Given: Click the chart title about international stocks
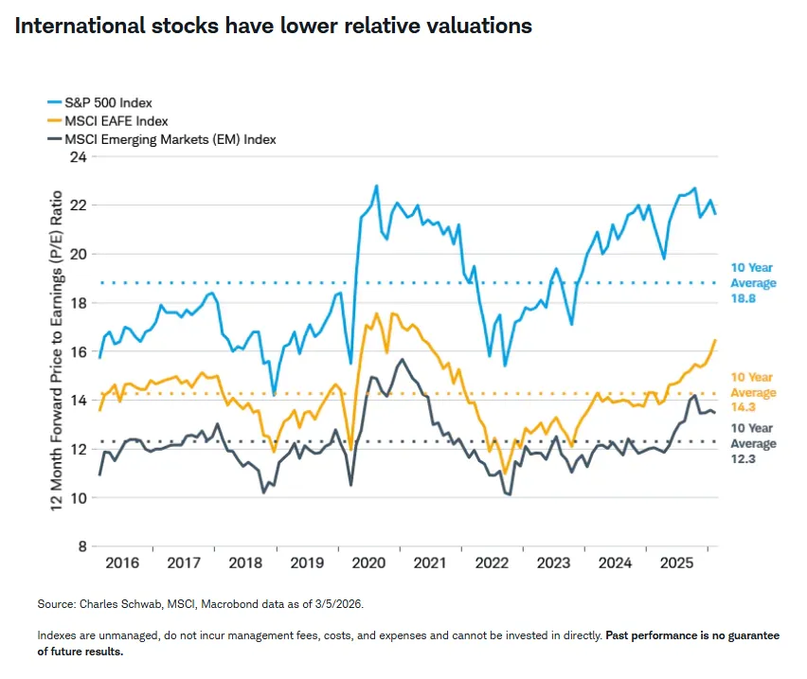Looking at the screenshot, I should tap(273, 26).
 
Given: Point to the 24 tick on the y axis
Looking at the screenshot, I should tap(78, 157).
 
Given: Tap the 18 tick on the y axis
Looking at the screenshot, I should tap(78, 303).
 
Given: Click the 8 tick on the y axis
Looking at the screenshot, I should tap(81, 546).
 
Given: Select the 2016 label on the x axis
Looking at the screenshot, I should tap(122, 563).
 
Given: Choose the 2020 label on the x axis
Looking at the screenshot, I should tap(368, 563).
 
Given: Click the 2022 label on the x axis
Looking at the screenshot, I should tap(492, 563).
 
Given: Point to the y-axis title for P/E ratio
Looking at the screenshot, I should tap(57, 350).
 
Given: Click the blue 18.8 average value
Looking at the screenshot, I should tap(742, 299).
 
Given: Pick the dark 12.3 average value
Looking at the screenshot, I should tap(742, 460).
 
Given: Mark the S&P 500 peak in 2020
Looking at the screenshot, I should tap(376, 186).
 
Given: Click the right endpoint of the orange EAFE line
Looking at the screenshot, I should tap(715, 340).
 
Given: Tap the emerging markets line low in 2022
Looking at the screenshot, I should tap(510, 494).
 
